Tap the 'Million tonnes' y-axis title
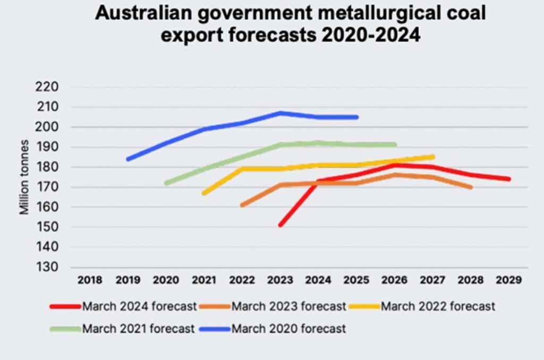coord(24,177)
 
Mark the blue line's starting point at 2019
coord(128,159)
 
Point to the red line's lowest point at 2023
coord(280,225)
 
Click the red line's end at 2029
coord(508,179)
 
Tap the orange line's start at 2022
coord(242,205)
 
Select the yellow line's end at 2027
coord(432,157)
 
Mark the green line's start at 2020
coord(166,183)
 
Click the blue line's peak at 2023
coord(280,113)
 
